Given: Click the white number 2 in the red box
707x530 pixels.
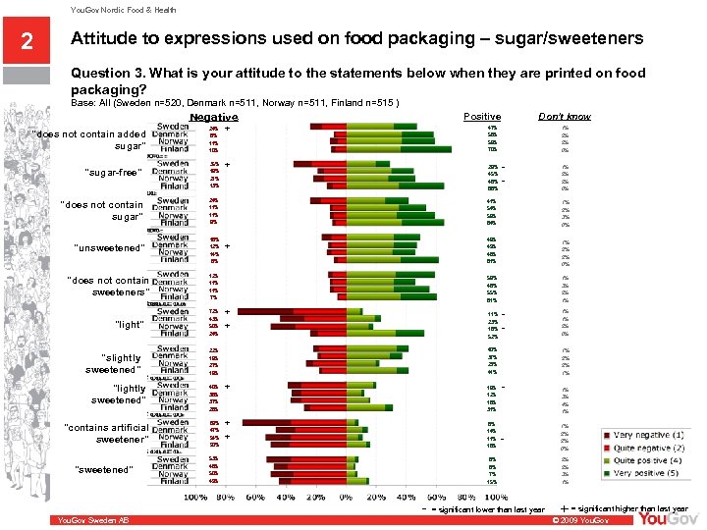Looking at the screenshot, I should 27,41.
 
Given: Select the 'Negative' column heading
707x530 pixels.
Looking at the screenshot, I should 213,117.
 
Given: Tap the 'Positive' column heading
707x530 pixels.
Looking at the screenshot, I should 482,116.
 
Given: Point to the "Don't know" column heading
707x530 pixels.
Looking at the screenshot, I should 565,116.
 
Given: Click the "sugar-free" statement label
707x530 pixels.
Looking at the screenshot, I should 114,173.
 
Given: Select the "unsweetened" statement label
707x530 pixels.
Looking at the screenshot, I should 109,248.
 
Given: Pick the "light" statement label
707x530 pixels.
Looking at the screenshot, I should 129,325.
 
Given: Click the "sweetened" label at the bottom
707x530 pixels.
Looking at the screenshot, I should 103,470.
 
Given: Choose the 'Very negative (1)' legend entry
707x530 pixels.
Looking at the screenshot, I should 643,435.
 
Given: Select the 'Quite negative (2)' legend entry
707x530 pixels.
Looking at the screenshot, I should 645,448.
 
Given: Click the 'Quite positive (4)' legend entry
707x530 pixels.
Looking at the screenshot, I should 644,460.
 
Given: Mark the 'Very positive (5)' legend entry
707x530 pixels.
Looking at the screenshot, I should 644,473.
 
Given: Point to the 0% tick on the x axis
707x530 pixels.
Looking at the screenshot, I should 345,498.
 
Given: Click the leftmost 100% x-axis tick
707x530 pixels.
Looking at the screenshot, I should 195,498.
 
